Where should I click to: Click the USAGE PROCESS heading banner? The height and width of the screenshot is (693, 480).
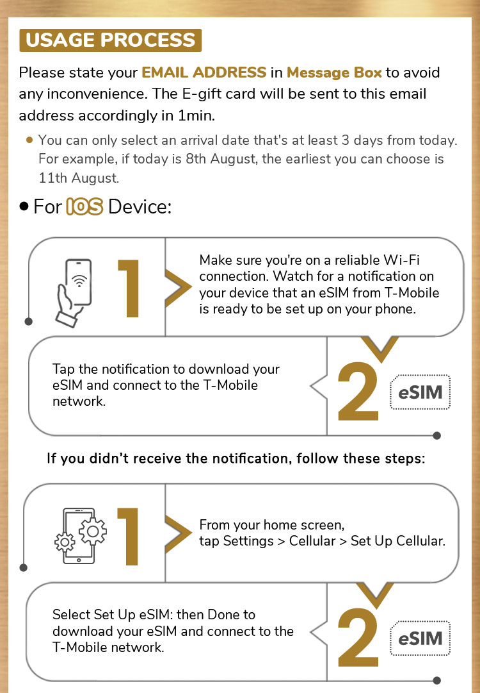coord(111,40)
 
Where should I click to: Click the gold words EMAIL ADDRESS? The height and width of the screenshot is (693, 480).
coord(204,72)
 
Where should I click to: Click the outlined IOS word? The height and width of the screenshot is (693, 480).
coord(84,207)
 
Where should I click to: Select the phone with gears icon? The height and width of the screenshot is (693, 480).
coord(80,536)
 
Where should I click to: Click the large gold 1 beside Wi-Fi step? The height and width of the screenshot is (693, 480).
coord(129,288)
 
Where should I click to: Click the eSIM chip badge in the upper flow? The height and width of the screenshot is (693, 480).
coord(420,392)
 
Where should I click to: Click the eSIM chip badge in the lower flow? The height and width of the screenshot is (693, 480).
coord(420,639)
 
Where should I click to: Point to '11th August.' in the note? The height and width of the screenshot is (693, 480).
coord(79,178)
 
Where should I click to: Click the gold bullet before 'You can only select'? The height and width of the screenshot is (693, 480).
coord(29,140)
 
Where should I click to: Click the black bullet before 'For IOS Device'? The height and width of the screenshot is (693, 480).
coord(24,207)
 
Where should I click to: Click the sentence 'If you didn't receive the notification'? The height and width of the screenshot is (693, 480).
coord(236,459)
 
